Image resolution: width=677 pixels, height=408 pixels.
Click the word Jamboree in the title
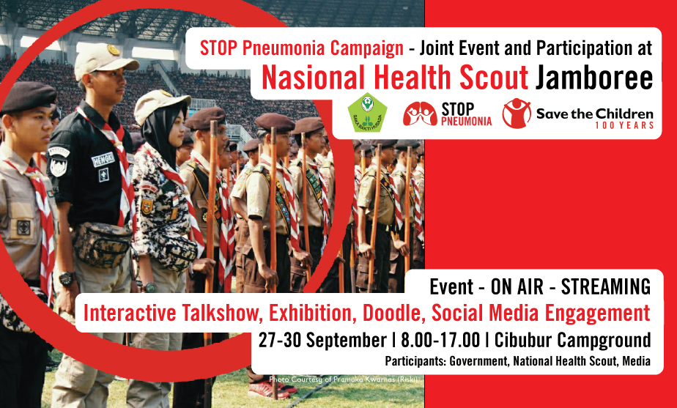(x=594, y=78)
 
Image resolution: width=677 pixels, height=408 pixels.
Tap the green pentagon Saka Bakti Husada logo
(x=367, y=112)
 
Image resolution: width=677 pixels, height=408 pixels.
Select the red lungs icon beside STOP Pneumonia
(x=420, y=114)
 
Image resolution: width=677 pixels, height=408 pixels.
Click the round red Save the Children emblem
(x=517, y=113)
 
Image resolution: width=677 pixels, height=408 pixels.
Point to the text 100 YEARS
(x=624, y=125)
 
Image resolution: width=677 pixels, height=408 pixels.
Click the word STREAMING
(x=606, y=287)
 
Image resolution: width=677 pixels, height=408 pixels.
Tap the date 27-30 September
(x=322, y=340)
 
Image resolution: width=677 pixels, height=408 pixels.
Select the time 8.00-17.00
(x=440, y=340)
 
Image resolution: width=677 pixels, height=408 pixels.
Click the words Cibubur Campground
(x=572, y=340)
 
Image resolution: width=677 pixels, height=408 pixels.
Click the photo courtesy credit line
(x=343, y=379)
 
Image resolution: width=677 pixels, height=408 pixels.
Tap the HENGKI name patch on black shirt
(x=103, y=159)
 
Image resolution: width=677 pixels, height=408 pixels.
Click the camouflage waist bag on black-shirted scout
(x=102, y=245)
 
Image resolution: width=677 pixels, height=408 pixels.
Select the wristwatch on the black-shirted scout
(x=67, y=278)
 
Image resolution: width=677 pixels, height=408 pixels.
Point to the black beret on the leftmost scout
(x=28, y=97)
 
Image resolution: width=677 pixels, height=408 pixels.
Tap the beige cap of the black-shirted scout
(x=104, y=61)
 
